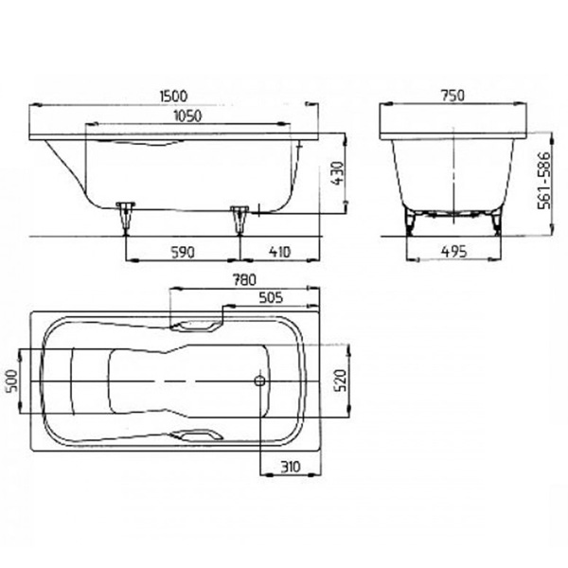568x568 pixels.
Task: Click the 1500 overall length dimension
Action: (174, 96)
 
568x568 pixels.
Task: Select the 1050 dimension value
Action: (187, 115)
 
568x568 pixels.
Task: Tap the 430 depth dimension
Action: (337, 173)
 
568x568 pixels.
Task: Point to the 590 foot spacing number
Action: (183, 253)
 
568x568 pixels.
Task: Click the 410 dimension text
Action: (279, 252)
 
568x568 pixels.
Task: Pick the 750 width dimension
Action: (453, 96)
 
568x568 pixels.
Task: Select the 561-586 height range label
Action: (543, 181)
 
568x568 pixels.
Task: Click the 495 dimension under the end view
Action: (453, 252)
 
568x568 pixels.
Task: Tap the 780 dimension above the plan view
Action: (244, 279)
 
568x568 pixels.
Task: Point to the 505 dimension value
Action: (271, 298)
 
